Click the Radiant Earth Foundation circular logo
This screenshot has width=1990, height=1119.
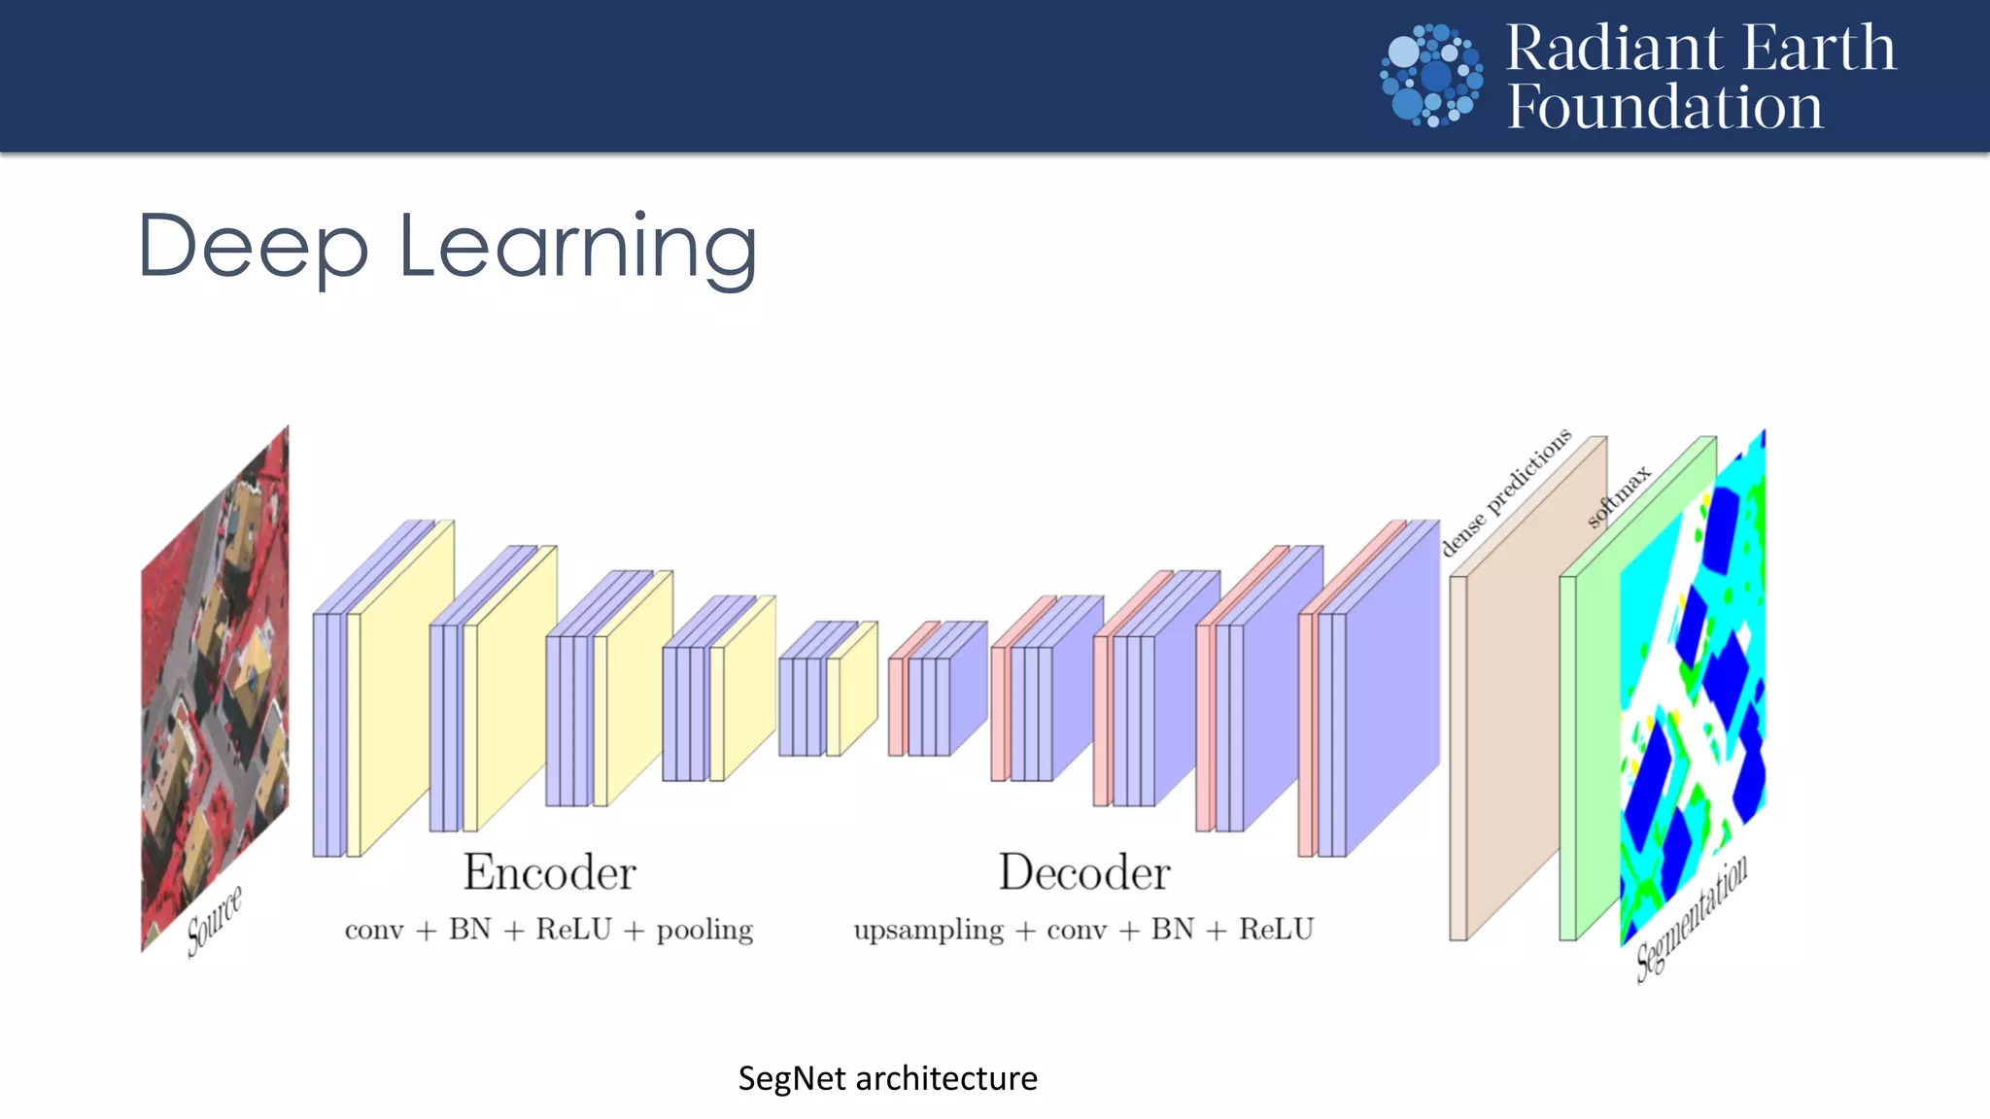[x=1431, y=75]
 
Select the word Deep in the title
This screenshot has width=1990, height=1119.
[x=254, y=248]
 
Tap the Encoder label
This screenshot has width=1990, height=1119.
[x=549, y=872]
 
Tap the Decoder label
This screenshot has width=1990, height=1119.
[x=1084, y=872]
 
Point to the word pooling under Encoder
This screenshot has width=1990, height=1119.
[x=704, y=930]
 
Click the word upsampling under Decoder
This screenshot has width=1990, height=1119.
[x=928, y=931]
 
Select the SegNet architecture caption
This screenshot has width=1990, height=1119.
[x=887, y=1078]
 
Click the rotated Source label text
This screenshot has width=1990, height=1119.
[x=214, y=920]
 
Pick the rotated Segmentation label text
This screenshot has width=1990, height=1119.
[x=1692, y=918]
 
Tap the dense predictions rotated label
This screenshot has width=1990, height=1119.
[x=1505, y=492]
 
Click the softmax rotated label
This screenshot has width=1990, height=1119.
[x=1619, y=496]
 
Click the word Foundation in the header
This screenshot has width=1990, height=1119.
[x=1664, y=107]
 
